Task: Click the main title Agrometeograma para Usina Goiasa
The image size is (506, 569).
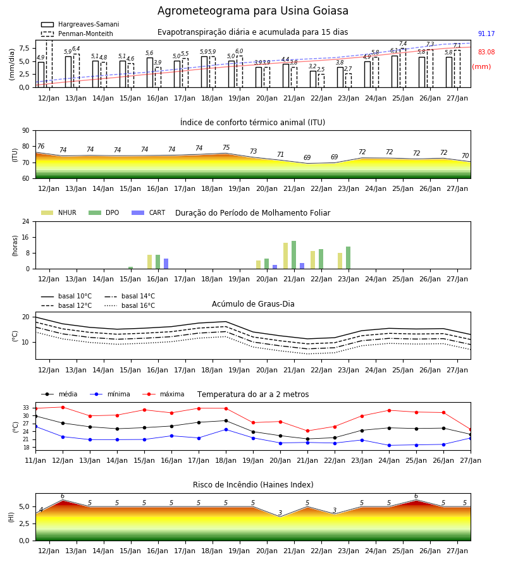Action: pyautogui.click(x=252, y=11)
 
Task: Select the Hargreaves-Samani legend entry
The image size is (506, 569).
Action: pyautogui.click(x=80, y=24)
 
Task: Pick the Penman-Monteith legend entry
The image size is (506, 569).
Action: pyautogui.click(x=77, y=34)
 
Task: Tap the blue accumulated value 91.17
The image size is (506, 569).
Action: pyautogui.click(x=486, y=34)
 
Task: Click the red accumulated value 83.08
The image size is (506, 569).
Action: pyautogui.click(x=486, y=52)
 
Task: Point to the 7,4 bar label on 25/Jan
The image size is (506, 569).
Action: pyautogui.click(x=403, y=44)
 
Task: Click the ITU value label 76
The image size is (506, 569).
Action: pyautogui.click(x=40, y=146)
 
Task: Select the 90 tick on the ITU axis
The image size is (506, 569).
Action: pyautogui.click(x=26, y=131)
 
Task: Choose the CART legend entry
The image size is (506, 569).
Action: pyautogui.click(x=149, y=212)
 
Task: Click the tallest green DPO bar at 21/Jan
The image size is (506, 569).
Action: pyautogui.click(x=293, y=255)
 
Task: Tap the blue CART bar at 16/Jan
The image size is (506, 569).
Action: pyautogui.click(x=166, y=264)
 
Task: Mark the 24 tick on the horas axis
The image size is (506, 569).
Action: pyautogui.click(x=26, y=221)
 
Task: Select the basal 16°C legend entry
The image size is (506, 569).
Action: pyautogui.click(x=130, y=305)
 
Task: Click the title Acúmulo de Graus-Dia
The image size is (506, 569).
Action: pyautogui.click(x=253, y=304)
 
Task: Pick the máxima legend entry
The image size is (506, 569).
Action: pyautogui.click(x=163, y=394)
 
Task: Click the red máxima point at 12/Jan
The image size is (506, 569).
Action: pyautogui.click(x=63, y=407)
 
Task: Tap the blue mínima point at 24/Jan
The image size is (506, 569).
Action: pyautogui.click(x=390, y=445)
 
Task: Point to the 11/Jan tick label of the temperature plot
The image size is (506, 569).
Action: pyautogui.click(x=35, y=460)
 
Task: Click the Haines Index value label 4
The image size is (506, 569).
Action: pyautogui.click(x=41, y=510)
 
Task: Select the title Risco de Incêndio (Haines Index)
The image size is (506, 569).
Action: pyautogui.click(x=253, y=485)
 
